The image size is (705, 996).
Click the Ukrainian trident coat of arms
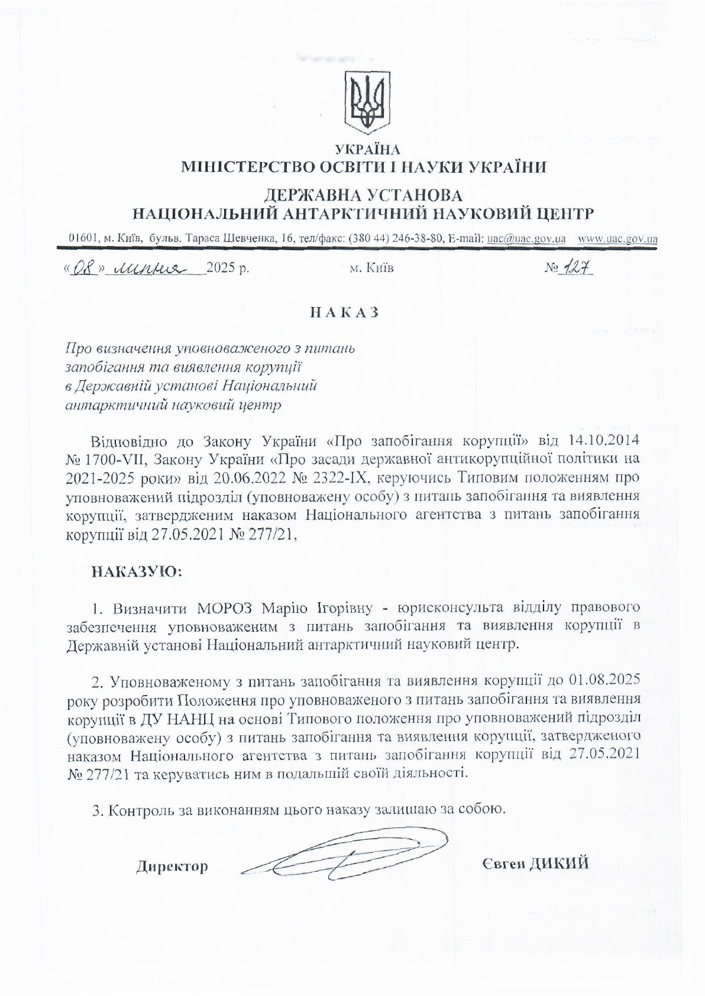(367, 102)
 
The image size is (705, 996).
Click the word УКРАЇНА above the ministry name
(367, 149)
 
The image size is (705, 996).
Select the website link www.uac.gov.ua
(617, 239)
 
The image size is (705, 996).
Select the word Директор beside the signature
(172, 867)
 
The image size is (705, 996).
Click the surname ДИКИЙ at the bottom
(559, 864)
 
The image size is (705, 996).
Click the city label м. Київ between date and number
(372, 269)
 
